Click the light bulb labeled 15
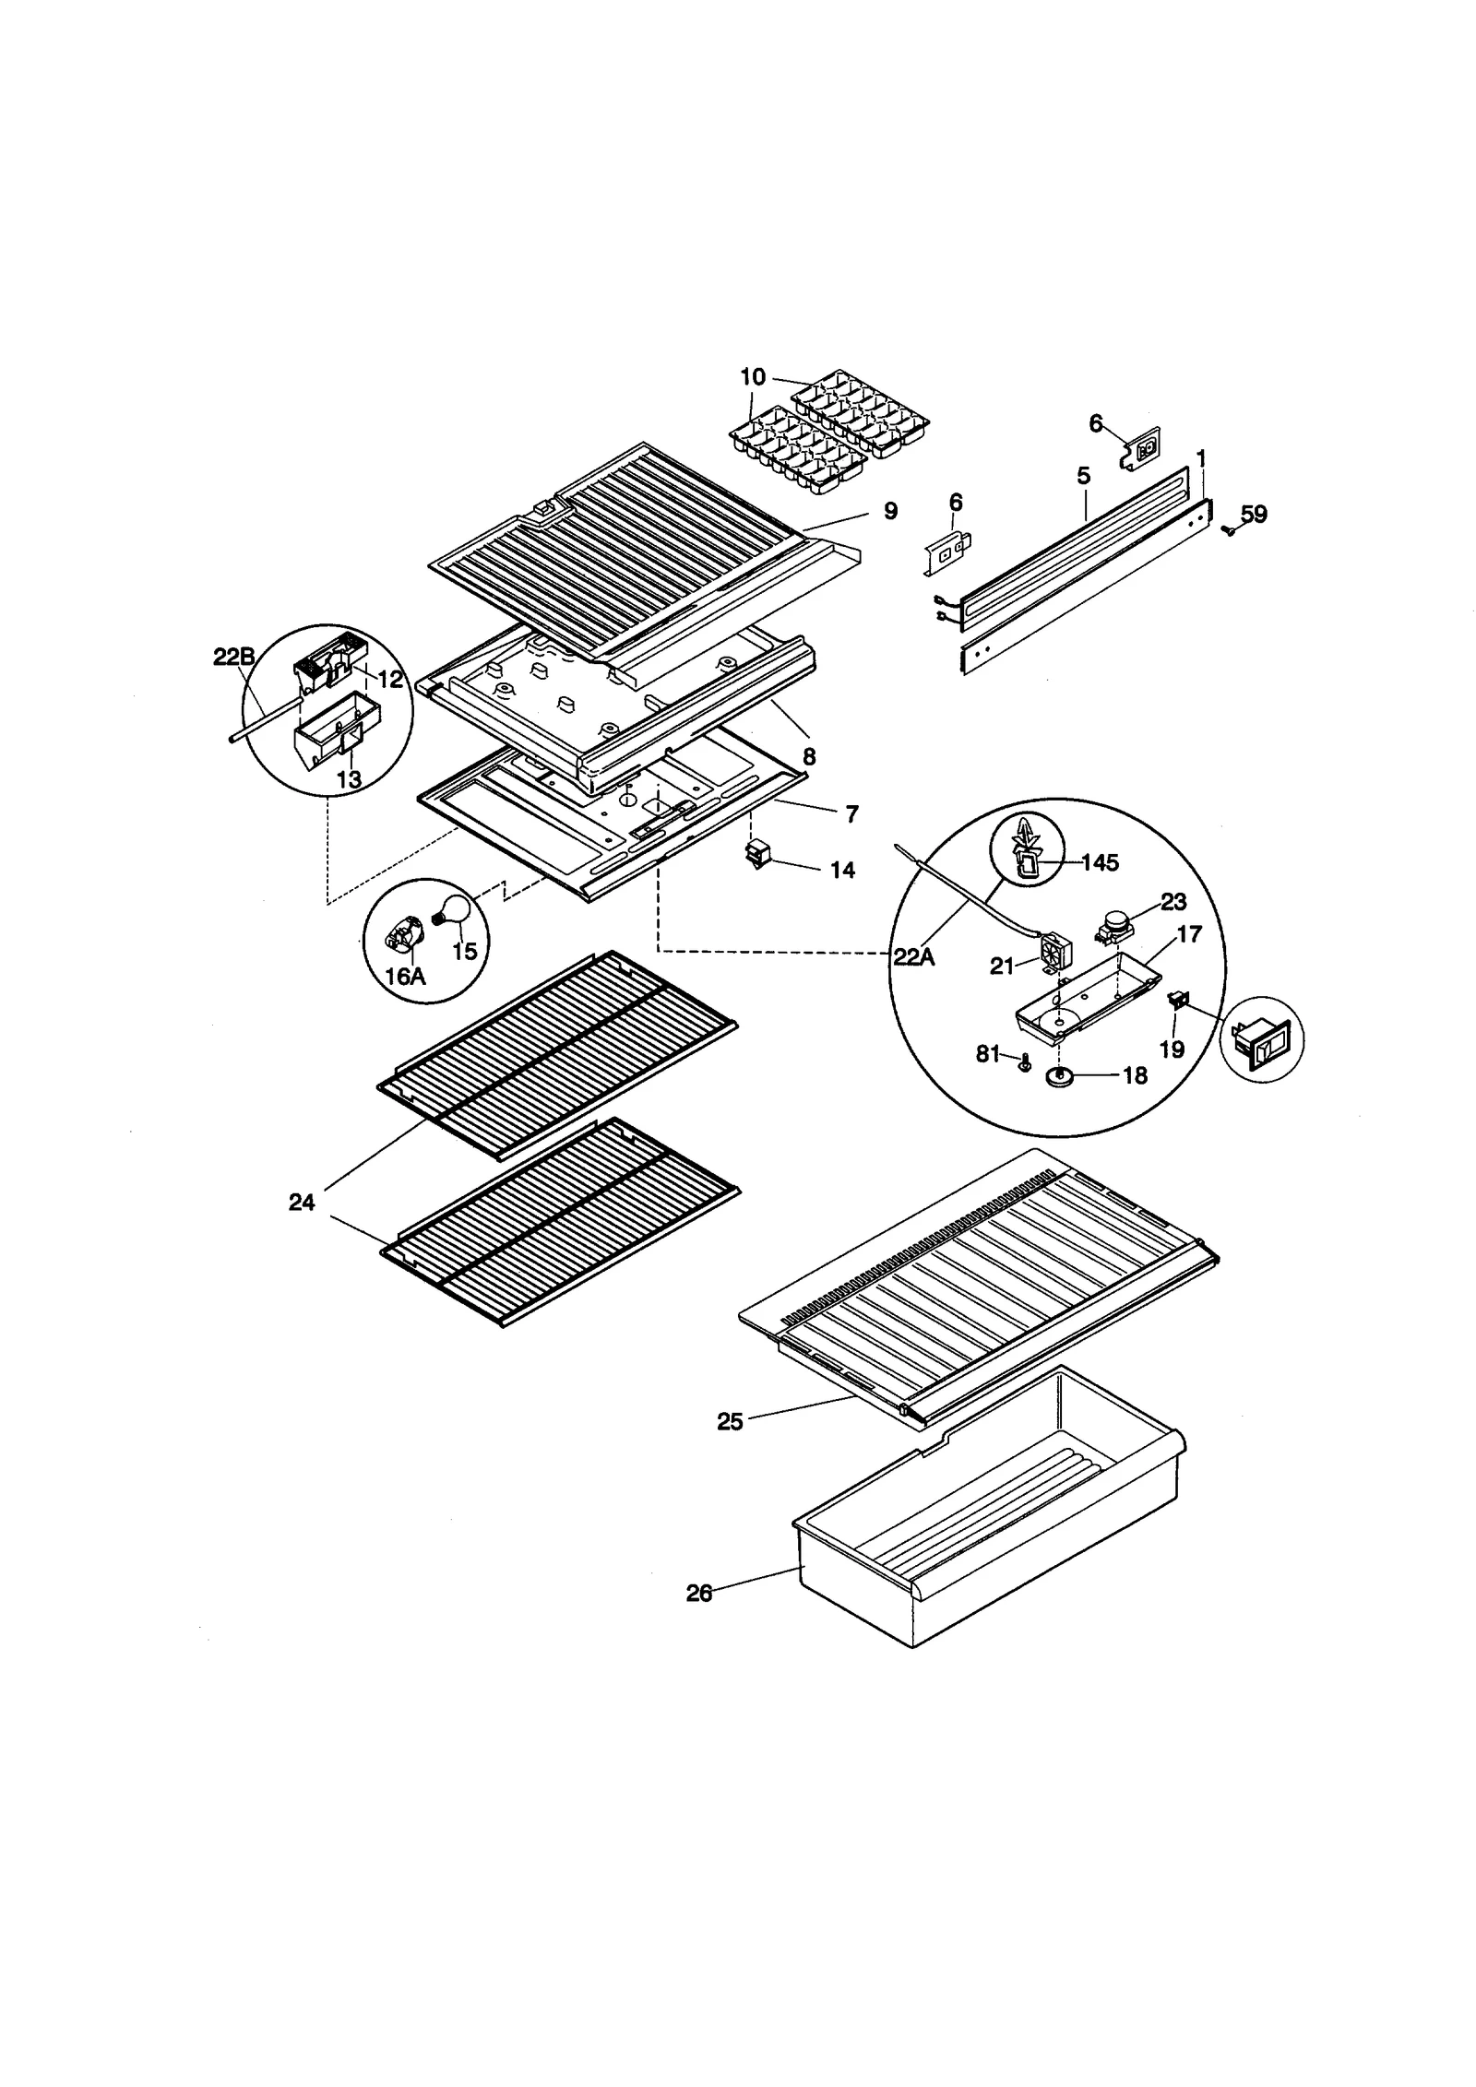tap(455, 913)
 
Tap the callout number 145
tap(1100, 862)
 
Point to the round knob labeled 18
tap(1061, 1076)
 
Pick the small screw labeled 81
tap(1023, 1061)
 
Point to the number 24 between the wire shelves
tap(302, 1202)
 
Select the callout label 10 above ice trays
tap(753, 376)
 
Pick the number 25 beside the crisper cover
tap(730, 1421)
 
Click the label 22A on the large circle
tap(913, 957)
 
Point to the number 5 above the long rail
tap(1083, 476)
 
